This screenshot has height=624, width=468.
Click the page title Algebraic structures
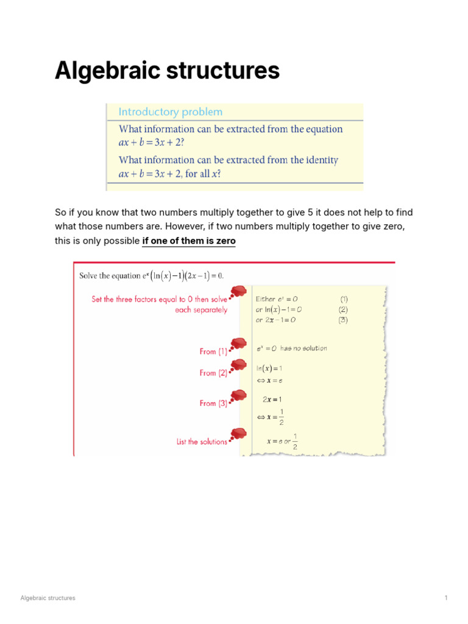(167, 71)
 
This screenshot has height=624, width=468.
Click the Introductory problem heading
(170, 112)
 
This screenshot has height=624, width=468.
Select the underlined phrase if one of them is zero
(188, 241)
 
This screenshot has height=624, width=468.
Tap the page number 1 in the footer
(446, 598)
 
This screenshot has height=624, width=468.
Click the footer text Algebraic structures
(48, 598)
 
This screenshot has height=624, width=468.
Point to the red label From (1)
(213, 352)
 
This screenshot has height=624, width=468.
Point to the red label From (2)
(213, 373)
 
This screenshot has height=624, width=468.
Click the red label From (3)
(213, 403)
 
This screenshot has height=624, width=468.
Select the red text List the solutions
(202, 442)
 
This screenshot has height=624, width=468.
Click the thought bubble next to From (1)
(239, 344)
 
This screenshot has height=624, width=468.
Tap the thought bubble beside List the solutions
(239, 434)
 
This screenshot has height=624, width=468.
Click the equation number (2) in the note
(344, 310)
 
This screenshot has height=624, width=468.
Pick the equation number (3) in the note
(344, 320)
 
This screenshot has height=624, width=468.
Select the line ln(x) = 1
(269, 369)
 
